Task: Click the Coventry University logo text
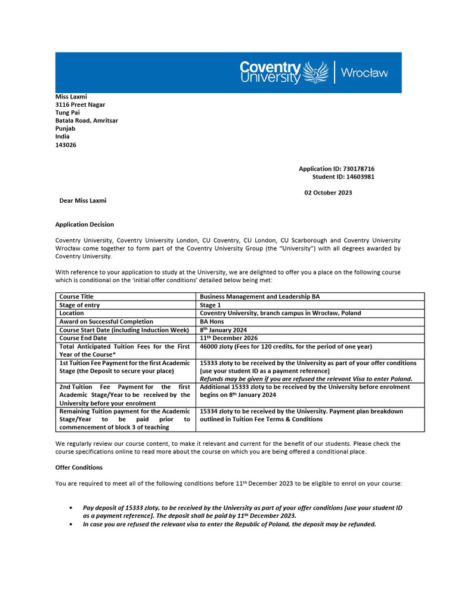[270, 72]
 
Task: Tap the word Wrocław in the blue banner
[364, 73]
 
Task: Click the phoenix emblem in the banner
[316, 72]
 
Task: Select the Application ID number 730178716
[355, 169]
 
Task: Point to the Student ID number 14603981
[355, 177]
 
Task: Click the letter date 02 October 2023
[328, 193]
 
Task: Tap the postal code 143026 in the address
[66, 144]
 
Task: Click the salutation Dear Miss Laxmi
[83, 201]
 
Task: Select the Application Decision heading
[85, 224]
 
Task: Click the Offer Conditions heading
[79, 467]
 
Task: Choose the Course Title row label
[76, 297]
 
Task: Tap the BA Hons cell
[212, 322]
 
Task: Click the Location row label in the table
[72, 313]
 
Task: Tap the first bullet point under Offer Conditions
[72, 508]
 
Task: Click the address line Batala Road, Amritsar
[86, 121]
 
